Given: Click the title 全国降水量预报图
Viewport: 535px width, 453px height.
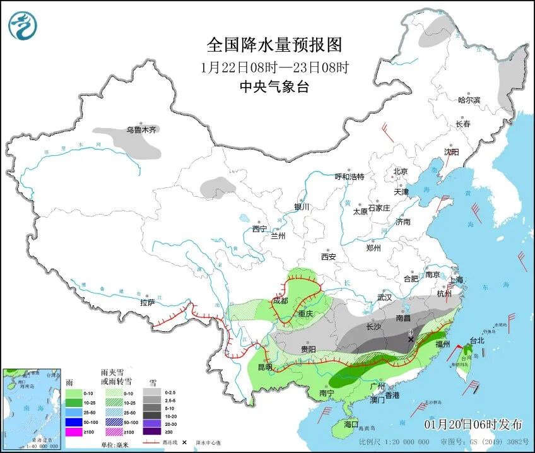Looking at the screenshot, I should [274, 45].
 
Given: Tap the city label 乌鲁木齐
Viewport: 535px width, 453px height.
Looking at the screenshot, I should [140, 130].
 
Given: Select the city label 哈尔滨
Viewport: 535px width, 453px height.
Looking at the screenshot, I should [469, 100].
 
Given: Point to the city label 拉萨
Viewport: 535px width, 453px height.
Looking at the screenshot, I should [147, 303].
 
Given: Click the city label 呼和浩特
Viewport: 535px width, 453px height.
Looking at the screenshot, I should [349, 177].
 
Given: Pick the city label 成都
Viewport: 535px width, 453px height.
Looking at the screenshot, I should [280, 301].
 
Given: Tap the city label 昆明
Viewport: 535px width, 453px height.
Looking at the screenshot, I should [266, 367].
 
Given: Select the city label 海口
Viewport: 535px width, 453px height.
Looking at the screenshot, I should [351, 424].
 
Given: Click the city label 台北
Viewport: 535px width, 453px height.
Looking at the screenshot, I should [477, 341].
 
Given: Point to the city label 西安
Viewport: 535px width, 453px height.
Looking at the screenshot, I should [328, 257].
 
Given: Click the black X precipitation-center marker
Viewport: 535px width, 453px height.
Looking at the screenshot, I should [411, 339].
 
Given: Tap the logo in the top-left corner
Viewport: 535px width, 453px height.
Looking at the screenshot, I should [23, 26].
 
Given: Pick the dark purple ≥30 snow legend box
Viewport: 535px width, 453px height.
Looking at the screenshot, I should [151, 432].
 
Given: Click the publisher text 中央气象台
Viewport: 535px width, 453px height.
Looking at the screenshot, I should [274, 88].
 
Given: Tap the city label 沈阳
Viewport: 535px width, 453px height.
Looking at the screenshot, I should [451, 152].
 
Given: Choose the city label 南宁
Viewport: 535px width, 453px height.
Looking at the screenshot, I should [326, 393].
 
